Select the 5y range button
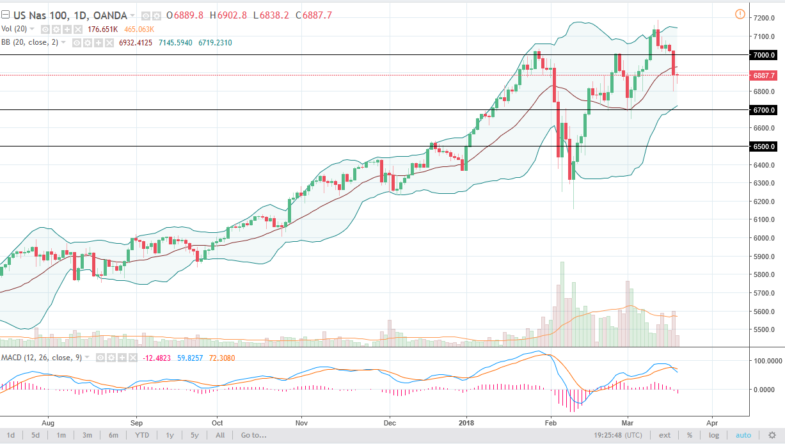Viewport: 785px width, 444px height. tap(194, 435)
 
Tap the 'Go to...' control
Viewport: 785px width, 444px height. tap(253, 435)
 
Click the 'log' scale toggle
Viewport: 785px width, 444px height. tap(713, 435)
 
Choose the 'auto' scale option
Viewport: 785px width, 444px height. tap(743, 435)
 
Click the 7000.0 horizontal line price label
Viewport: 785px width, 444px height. tap(764, 55)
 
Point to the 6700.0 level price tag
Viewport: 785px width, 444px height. tap(764, 110)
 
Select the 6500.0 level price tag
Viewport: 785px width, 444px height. tap(764, 147)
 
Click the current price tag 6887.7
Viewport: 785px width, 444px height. tap(764, 75)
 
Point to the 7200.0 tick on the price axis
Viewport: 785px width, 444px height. tap(764, 19)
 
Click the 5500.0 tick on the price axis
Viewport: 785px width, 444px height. tap(764, 330)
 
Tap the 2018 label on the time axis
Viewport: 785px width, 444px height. tap(466, 423)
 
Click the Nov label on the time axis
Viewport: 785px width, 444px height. tap(302, 423)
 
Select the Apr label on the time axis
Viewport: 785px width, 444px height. tap(711, 423)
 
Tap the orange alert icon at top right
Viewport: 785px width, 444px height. tap(740, 14)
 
